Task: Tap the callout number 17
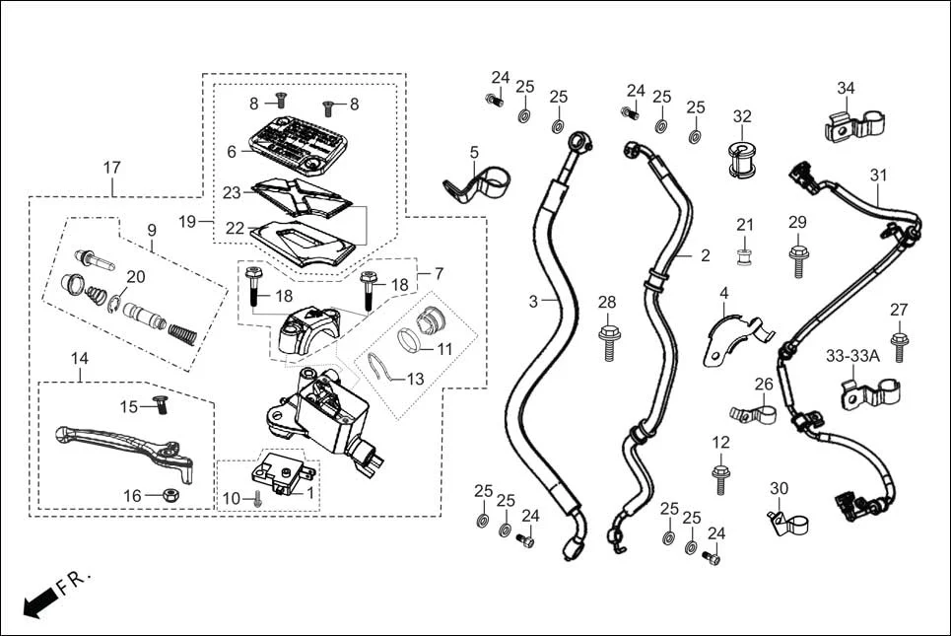pos(112,168)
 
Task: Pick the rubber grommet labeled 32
pos(742,161)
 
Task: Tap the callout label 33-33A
pos(852,355)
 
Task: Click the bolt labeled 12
pos(720,479)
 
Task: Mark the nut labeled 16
pos(169,493)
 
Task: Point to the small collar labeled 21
pos(745,259)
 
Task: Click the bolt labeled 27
pos(899,347)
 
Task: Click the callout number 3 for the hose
pos(533,302)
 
